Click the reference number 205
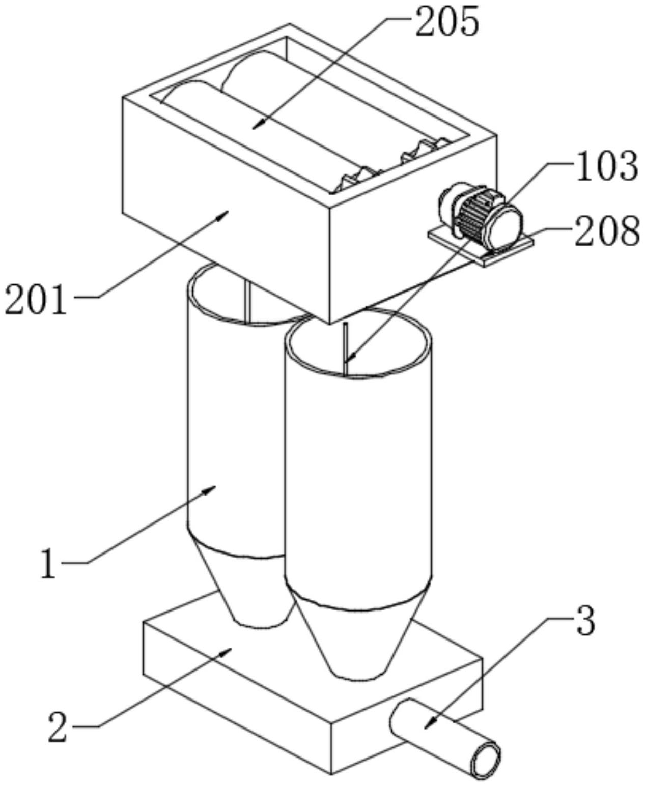[x=447, y=22]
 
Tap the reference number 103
[x=606, y=166]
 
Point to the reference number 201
[x=36, y=300]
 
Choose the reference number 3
[x=585, y=622]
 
